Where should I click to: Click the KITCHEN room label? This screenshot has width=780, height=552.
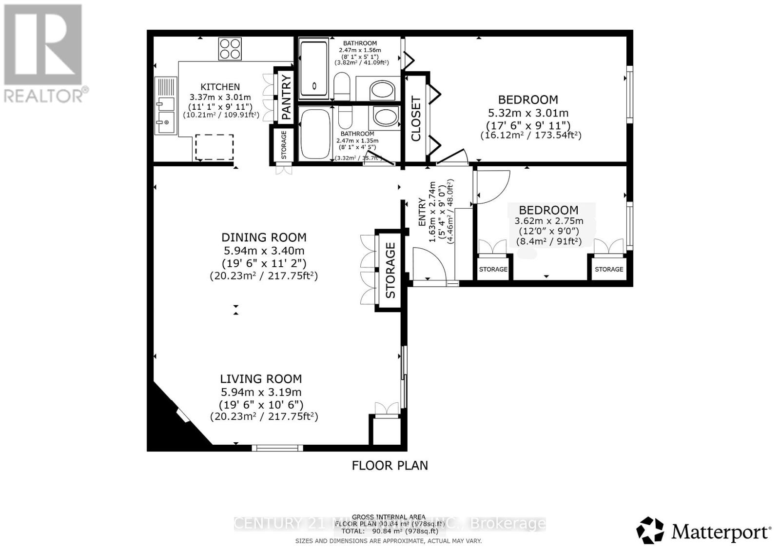(220, 87)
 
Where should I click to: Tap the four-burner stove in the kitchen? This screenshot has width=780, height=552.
(230, 49)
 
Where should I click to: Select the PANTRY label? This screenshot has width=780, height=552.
(287, 96)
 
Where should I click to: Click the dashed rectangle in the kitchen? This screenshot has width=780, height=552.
(214, 147)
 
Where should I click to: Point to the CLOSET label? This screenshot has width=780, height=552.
(416, 119)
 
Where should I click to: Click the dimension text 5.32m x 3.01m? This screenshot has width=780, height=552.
(528, 113)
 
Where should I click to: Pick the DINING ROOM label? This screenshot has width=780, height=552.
(264, 237)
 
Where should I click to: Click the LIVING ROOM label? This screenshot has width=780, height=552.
(261, 379)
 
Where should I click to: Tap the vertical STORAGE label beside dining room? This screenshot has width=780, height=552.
(390, 270)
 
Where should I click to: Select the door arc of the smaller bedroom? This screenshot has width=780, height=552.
(493, 187)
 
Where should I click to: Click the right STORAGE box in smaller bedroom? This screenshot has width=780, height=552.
(609, 269)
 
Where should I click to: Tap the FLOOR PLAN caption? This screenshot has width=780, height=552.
(390, 465)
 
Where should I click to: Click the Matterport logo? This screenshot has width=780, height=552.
(704, 531)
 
